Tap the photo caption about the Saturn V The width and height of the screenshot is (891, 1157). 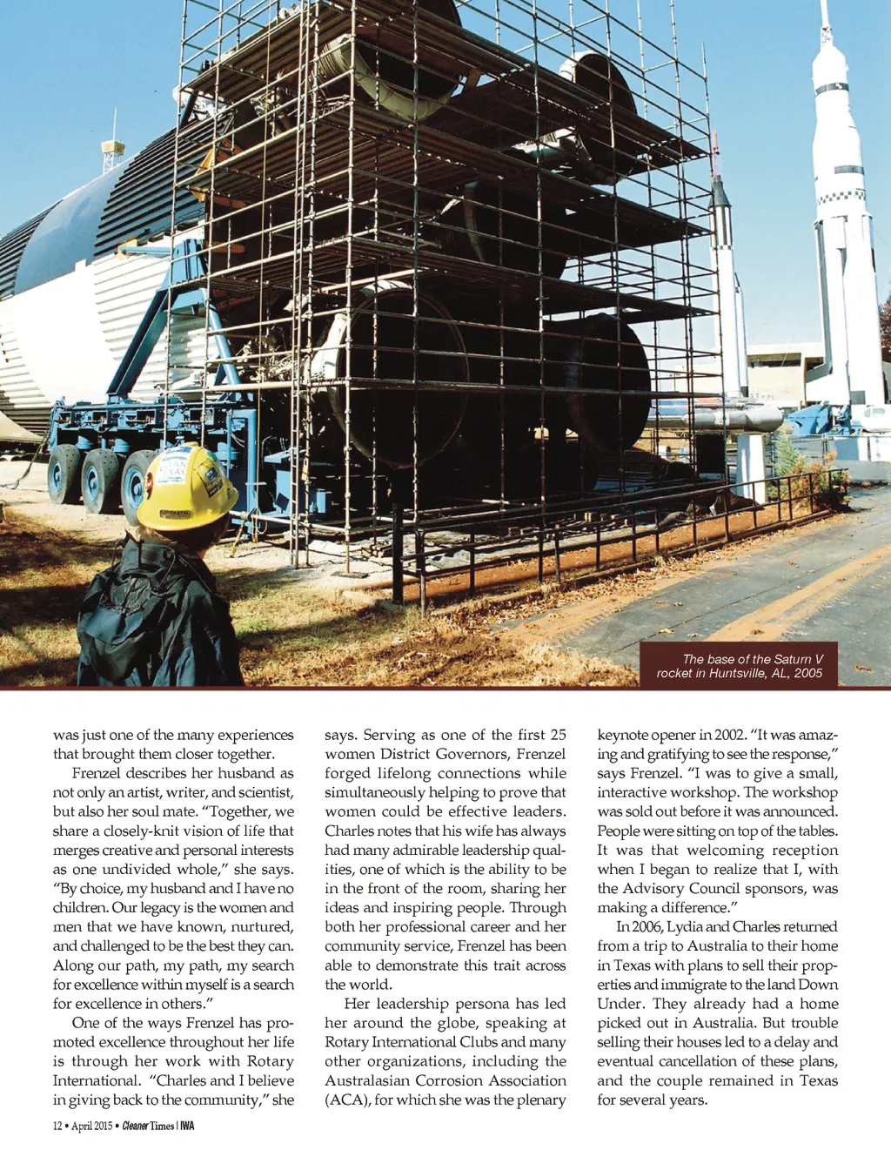click(x=739, y=666)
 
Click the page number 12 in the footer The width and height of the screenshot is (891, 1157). click(x=57, y=1126)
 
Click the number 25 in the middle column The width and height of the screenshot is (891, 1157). click(x=557, y=735)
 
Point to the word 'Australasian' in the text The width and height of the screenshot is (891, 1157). click(x=373, y=1080)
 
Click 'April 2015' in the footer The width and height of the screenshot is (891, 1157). click(x=92, y=1126)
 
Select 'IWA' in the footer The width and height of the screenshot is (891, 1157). click(x=187, y=1126)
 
